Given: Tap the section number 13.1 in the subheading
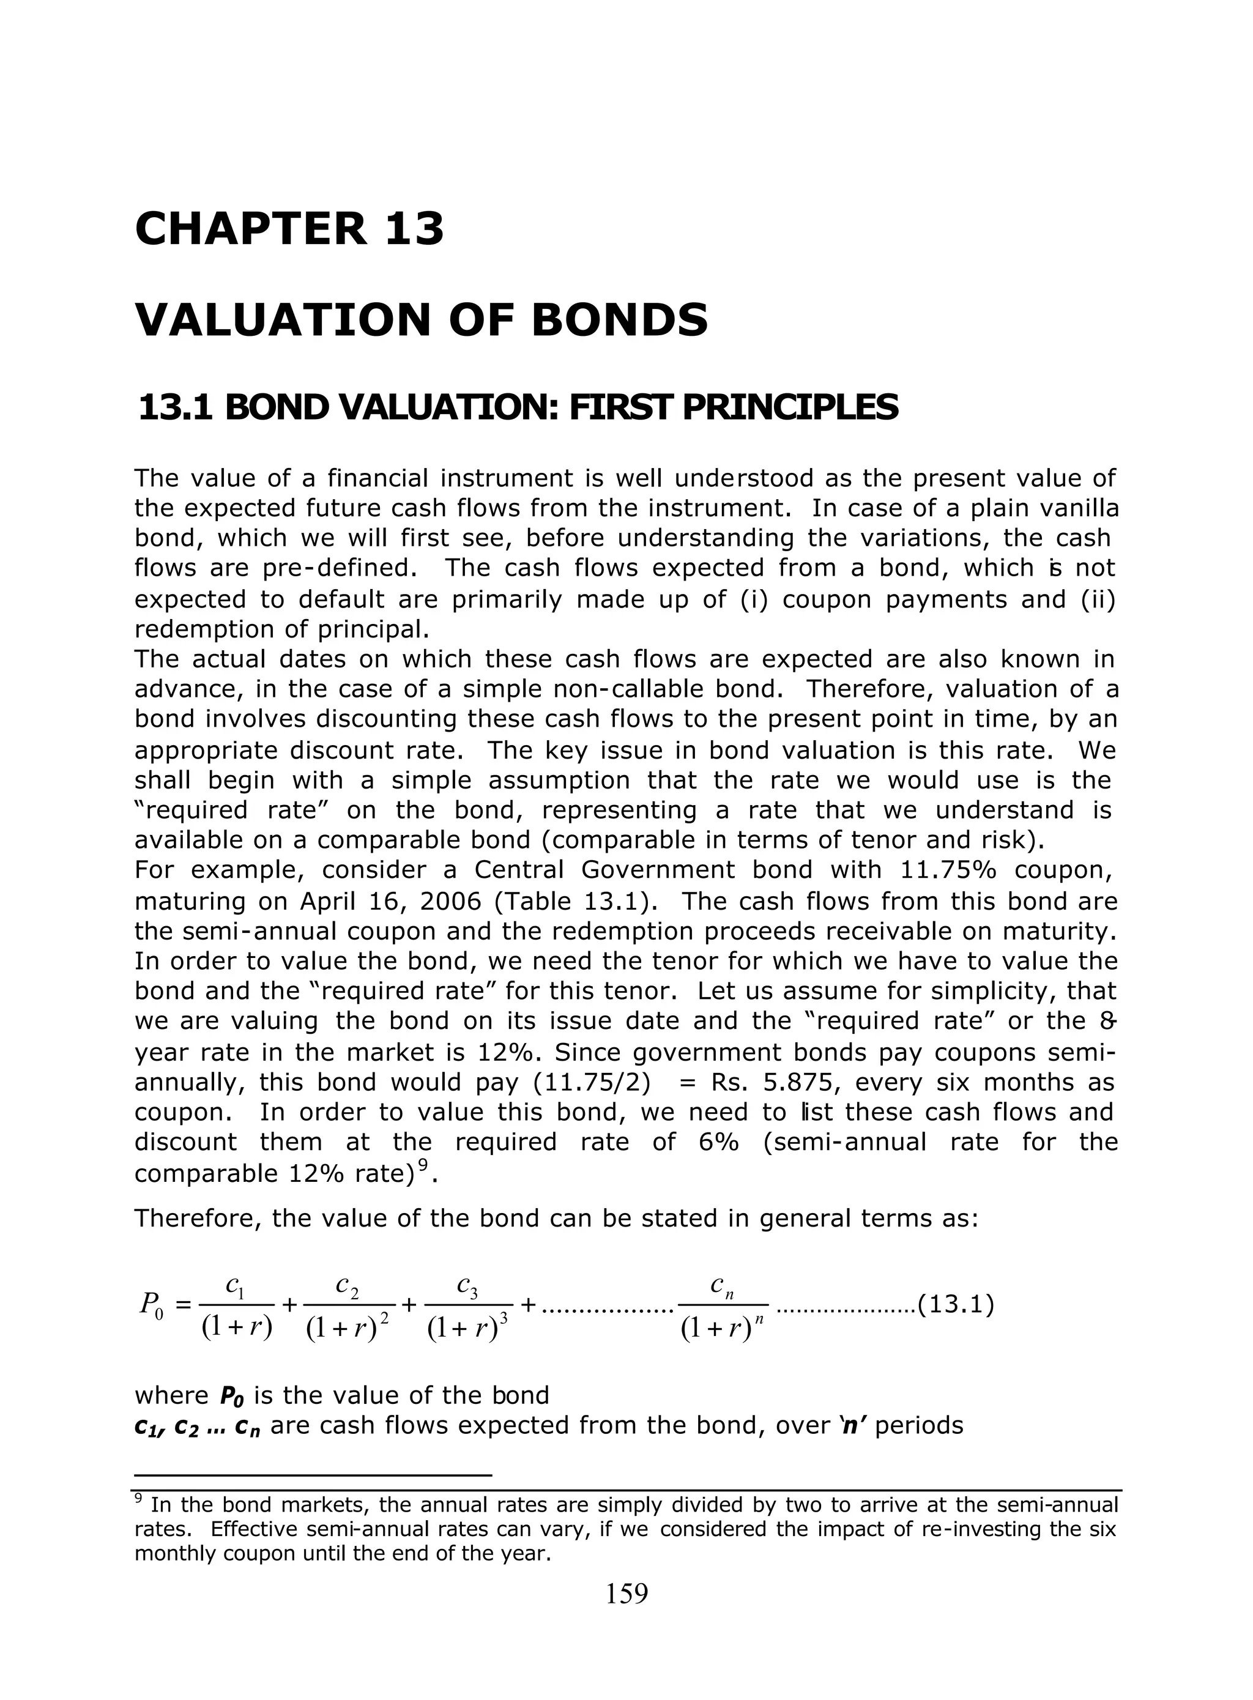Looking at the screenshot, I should pos(176,408).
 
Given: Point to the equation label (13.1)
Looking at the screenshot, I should pos(956,1305).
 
